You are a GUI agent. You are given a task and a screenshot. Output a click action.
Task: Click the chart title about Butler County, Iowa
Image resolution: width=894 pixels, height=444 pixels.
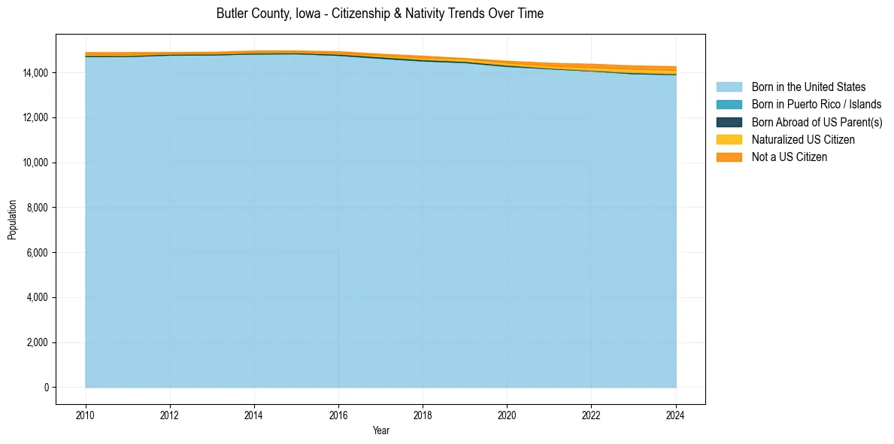(380, 14)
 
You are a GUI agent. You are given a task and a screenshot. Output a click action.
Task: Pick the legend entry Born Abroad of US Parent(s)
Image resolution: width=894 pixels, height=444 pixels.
(817, 122)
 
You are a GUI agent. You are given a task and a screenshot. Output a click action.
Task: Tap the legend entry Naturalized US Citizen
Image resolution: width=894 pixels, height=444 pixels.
(803, 140)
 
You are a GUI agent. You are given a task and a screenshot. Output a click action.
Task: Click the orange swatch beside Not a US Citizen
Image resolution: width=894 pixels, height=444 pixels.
(729, 157)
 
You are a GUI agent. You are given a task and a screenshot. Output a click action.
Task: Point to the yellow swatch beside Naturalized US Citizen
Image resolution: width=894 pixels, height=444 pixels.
(729, 140)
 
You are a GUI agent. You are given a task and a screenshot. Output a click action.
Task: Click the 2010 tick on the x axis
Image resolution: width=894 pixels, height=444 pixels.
(86, 415)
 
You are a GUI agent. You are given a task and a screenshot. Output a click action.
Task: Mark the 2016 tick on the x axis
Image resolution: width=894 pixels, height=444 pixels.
(338, 415)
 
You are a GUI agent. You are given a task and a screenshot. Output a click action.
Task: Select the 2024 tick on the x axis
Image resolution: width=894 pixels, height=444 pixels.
(676, 415)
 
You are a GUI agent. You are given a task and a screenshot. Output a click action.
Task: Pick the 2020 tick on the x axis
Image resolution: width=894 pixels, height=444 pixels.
(507, 415)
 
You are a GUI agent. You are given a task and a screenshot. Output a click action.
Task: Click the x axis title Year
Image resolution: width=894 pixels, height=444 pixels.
(381, 430)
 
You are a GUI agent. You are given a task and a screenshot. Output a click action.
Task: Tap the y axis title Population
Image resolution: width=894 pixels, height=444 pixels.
(12, 220)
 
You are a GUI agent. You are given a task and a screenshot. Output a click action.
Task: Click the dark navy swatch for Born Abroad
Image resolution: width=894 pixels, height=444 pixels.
(729, 122)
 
